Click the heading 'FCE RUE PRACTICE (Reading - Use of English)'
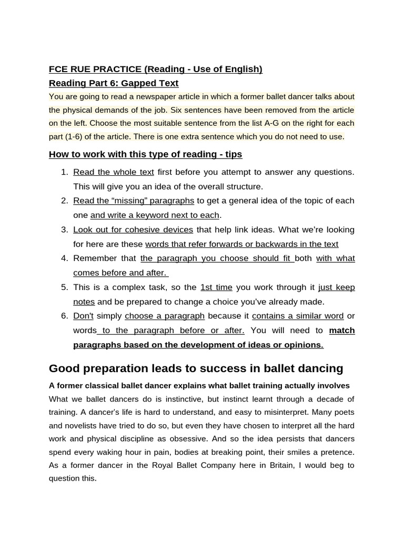(x=155, y=69)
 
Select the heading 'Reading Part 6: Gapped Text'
(x=113, y=83)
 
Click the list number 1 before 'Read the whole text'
(x=64, y=172)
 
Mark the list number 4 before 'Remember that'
(x=64, y=258)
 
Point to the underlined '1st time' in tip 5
(x=216, y=287)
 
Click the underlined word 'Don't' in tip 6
(x=83, y=316)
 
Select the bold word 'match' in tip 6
(x=341, y=330)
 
